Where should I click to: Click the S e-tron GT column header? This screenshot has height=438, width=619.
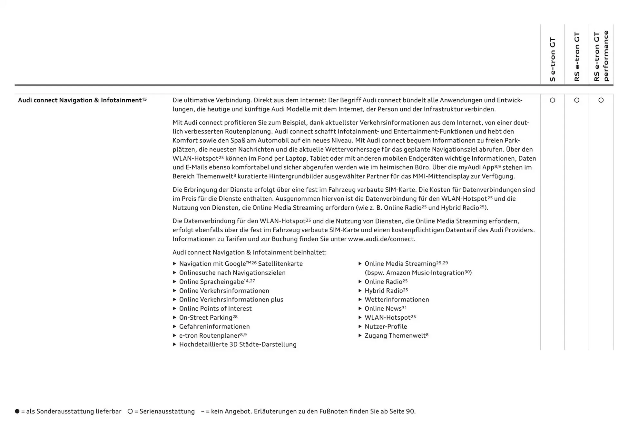(x=553, y=59)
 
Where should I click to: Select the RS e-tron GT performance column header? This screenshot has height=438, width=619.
(x=601, y=56)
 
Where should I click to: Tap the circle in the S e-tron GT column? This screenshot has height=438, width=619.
(x=553, y=100)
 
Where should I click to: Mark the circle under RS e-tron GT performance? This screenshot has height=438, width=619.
(x=601, y=100)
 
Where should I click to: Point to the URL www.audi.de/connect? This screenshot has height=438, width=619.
(x=381, y=239)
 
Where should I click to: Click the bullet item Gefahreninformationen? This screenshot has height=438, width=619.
(x=214, y=327)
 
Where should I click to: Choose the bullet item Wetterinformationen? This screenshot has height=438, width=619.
(x=397, y=300)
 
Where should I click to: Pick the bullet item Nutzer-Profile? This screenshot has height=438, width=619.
(x=386, y=327)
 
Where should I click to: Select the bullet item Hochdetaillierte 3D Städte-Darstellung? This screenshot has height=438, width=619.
(x=238, y=344)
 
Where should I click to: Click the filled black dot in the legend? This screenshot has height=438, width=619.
(x=17, y=411)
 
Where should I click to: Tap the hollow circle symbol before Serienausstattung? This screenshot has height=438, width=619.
(x=130, y=411)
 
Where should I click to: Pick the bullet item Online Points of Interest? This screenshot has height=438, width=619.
(x=215, y=309)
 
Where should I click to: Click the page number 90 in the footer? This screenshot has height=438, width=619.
(x=410, y=412)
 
